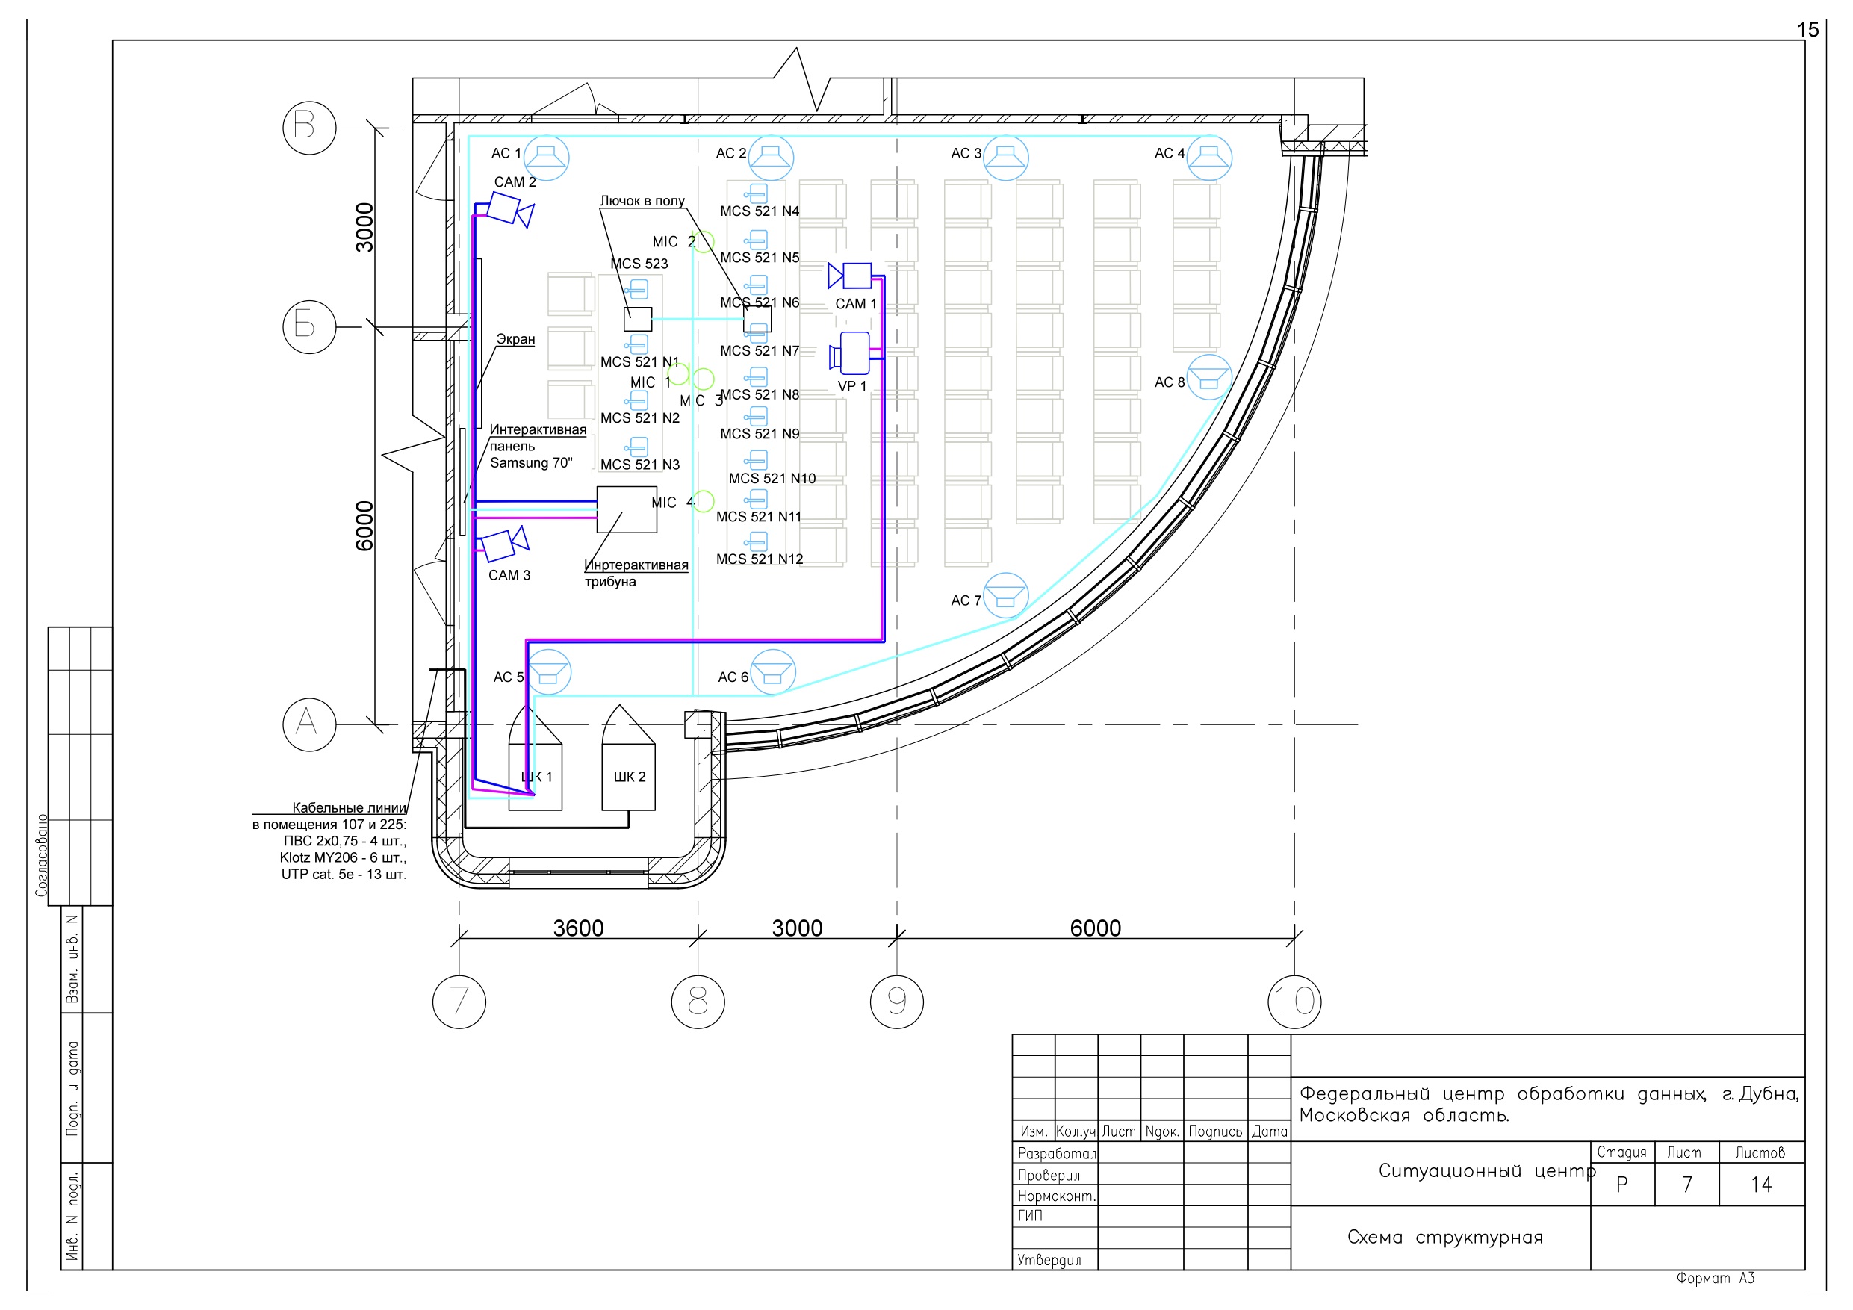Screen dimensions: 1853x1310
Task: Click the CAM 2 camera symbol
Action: pos(511,210)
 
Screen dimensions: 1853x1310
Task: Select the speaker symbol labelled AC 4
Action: pos(1209,158)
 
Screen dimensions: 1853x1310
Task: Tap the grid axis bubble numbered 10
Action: pos(1294,1002)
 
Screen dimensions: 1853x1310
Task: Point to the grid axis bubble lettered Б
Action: pos(309,326)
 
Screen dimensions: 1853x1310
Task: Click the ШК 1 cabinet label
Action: pos(537,777)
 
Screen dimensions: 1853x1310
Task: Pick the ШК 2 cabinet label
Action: pos(630,777)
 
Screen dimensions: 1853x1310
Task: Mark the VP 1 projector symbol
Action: pos(850,353)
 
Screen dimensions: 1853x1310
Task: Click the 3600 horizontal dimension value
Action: pos(578,928)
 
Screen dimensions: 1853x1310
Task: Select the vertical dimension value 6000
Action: pos(364,527)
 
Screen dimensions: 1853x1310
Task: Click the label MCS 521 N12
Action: pos(760,559)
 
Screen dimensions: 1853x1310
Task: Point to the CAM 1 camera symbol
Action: pos(850,276)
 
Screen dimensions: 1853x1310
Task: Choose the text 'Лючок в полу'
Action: pos(642,200)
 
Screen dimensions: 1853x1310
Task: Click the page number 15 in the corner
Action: pos(1807,30)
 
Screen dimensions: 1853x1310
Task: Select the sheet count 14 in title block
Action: pos(1761,1185)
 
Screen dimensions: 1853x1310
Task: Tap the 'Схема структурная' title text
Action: pos(1444,1238)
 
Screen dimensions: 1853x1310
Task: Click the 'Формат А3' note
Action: pos(1715,1279)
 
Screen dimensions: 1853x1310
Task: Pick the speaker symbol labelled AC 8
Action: pos(1209,378)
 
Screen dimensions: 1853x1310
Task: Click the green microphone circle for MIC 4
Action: pos(704,501)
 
